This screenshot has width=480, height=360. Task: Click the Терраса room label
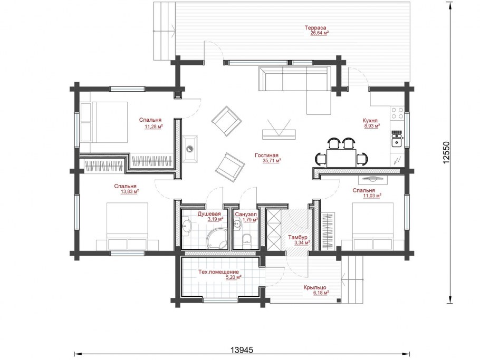[x=315, y=28]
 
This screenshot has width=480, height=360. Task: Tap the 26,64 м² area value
[x=320, y=33]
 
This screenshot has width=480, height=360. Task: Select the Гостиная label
[x=266, y=155]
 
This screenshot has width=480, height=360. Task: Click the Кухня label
[x=370, y=121]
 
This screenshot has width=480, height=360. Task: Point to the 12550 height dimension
[x=446, y=152]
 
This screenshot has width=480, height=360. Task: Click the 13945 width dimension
[x=242, y=350]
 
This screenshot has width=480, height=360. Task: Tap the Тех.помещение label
[x=218, y=272]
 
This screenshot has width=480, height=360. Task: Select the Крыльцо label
[x=315, y=287]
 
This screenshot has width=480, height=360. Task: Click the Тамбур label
[x=297, y=237]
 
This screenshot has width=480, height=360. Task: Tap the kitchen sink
[x=397, y=141]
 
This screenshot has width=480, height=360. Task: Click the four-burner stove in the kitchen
[x=397, y=113]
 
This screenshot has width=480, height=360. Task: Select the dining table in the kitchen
[x=341, y=158]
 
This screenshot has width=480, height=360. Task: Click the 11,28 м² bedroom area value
[x=153, y=126]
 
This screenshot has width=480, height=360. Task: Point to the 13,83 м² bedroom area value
[x=130, y=192]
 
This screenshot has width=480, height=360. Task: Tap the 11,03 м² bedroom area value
[x=372, y=196]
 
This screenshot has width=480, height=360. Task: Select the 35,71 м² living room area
[x=272, y=161]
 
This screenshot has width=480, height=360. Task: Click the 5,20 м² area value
[x=234, y=277]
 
